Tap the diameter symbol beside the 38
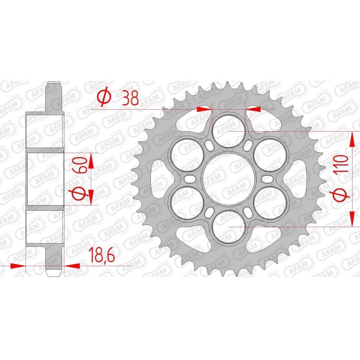[103, 97]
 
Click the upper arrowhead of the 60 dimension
[94, 157]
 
